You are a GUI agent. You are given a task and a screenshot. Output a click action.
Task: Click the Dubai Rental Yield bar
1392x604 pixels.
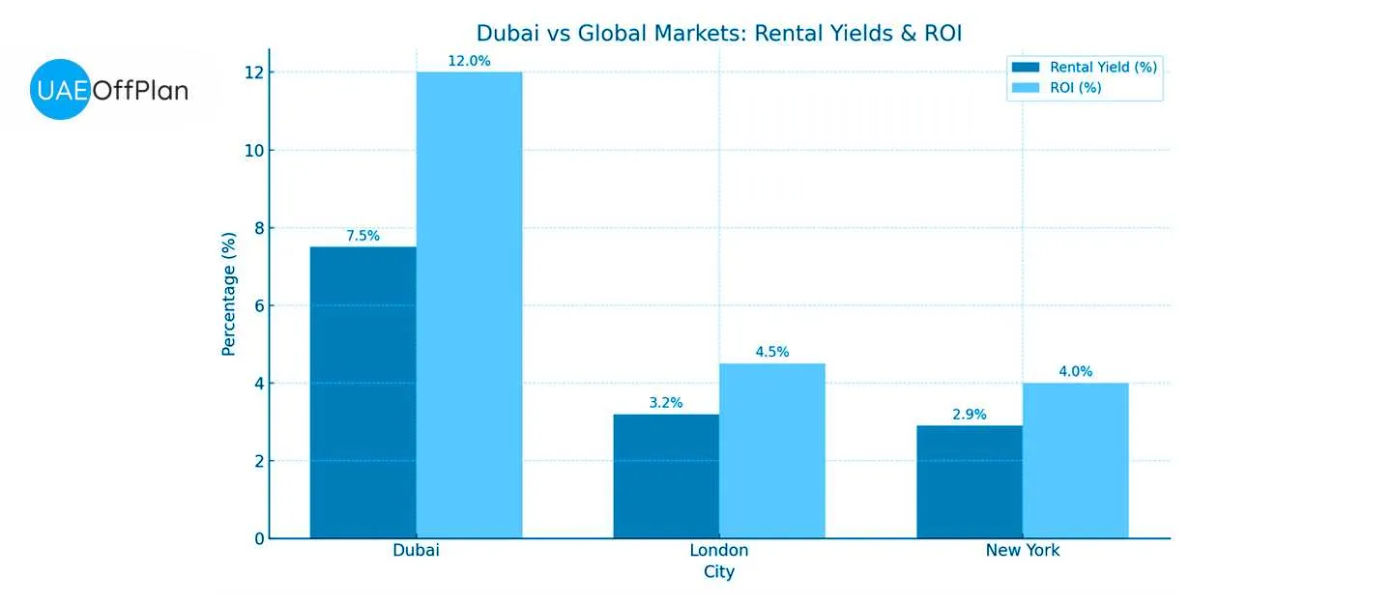(x=362, y=391)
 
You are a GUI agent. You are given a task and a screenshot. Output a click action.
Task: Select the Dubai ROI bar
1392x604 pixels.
(x=469, y=304)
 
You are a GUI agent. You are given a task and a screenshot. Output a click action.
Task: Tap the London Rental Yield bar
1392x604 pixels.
(x=666, y=475)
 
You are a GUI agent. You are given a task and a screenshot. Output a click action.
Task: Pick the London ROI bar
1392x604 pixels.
(x=772, y=450)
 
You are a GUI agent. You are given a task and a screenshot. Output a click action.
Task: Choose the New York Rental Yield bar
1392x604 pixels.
(x=970, y=481)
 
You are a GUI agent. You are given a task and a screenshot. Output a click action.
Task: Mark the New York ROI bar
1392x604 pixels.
(x=1075, y=460)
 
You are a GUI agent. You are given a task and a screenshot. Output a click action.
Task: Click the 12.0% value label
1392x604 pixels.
(x=469, y=61)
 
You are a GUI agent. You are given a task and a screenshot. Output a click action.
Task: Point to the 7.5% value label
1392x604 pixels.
(x=362, y=236)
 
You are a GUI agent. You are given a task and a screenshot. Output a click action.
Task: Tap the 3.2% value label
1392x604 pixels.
(x=666, y=403)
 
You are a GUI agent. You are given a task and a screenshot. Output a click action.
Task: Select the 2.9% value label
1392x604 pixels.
(x=970, y=415)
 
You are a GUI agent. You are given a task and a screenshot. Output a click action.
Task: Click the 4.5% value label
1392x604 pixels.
(x=772, y=352)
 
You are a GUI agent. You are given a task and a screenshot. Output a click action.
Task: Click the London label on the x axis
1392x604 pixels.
(x=718, y=551)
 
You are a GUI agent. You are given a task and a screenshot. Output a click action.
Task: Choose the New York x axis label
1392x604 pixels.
(x=1022, y=551)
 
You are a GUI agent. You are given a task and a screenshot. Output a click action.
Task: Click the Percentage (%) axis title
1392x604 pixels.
(x=229, y=294)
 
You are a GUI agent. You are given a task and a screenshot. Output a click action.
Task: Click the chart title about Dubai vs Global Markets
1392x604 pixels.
(x=719, y=34)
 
